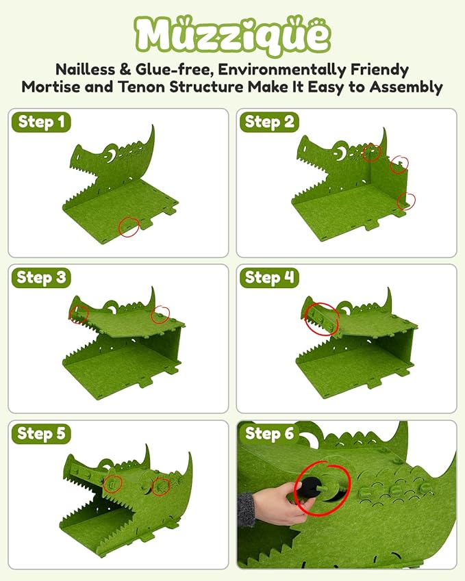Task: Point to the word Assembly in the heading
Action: point(407,87)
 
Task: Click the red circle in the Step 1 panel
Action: point(128,227)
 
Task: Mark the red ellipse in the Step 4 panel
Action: point(321,318)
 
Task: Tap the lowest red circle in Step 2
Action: point(406,201)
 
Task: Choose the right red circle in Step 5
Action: point(162,487)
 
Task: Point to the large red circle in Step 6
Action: point(322,487)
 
